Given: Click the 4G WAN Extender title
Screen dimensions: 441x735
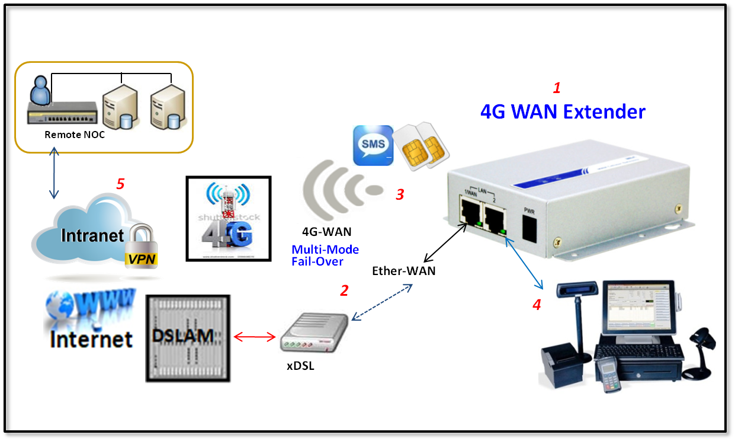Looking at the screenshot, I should tap(562, 111).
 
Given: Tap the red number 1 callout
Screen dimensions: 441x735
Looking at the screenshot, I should tap(556, 88).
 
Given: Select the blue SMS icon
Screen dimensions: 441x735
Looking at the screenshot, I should tap(373, 145).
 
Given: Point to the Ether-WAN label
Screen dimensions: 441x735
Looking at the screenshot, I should tap(404, 271).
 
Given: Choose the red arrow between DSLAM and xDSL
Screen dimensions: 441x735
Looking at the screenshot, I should tap(255, 337).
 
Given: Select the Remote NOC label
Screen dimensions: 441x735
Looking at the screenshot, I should tap(75, 135).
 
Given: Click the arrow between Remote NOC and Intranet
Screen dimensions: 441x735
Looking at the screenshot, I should tap(54, 175).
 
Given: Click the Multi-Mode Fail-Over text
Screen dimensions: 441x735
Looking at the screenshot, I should tap(325, 255).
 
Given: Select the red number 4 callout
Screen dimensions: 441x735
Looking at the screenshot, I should tap(536, 305).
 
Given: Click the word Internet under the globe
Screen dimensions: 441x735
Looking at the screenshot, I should tap(91, 338).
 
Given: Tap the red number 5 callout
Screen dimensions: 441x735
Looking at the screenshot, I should tap(120, 184).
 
